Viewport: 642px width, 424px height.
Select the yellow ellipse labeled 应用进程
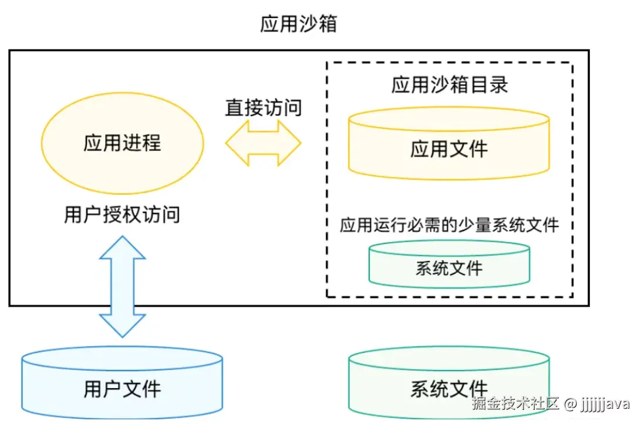pos(122,143)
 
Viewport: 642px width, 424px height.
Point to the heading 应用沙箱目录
pos(449,85)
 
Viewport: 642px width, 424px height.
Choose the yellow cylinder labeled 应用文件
pos(449,143)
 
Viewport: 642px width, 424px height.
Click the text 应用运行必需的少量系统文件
pos(449,225)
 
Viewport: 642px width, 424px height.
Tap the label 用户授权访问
pos(122,215)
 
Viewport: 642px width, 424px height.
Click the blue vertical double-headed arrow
pos(122,286)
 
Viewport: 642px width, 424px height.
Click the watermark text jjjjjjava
pos(605,403)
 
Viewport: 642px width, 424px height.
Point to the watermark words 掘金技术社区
pos(515,403)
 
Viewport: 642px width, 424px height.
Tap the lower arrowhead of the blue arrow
pos(122,325)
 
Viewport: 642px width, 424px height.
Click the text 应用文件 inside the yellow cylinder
pos(449,149)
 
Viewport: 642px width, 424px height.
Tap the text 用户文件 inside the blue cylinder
pos(122,388)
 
